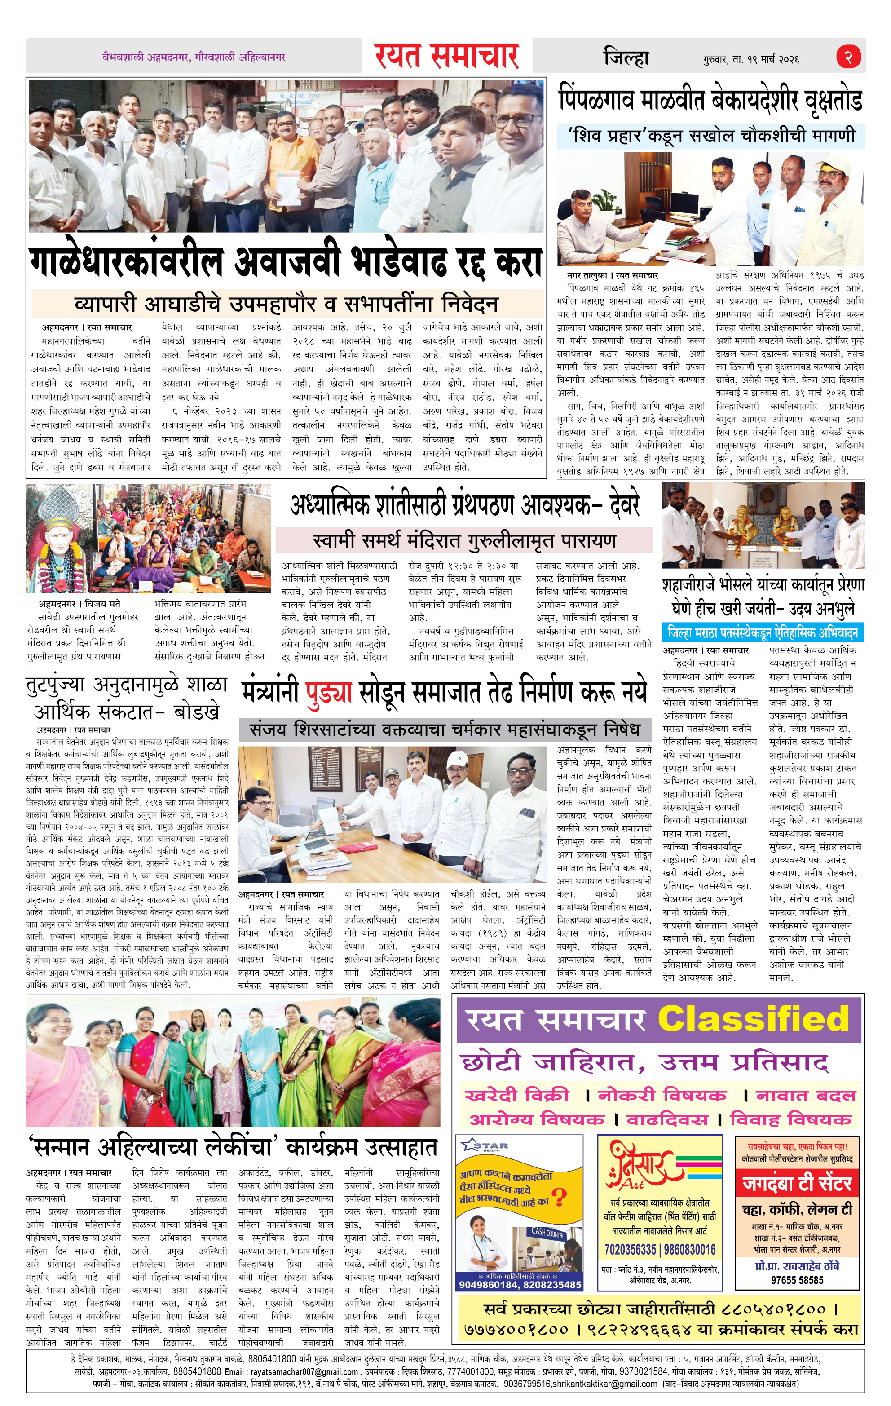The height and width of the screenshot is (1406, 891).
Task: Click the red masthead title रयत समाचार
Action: coord(447,57)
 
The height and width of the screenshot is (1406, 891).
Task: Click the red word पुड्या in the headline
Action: coord(328,691)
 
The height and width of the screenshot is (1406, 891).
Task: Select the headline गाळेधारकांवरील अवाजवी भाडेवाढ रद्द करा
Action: coord(286,262)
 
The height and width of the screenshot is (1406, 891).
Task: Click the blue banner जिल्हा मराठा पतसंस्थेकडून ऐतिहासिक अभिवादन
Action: coord(763,633)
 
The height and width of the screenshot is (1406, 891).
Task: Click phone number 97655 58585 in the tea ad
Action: coord(798,1280)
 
